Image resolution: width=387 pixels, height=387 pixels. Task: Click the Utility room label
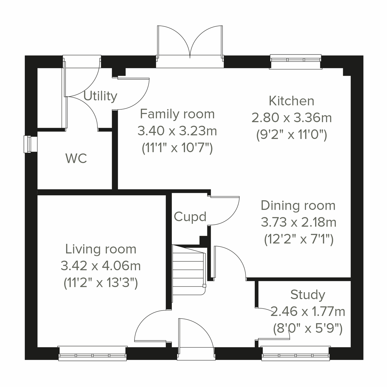(100, 96)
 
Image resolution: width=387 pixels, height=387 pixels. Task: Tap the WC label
(76, 158)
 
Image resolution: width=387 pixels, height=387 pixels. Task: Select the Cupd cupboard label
(190, 217)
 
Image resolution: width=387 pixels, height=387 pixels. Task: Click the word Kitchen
(292, 101)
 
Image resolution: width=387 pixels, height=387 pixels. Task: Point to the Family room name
(177, 114)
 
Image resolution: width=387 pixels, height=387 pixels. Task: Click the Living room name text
(101, 249)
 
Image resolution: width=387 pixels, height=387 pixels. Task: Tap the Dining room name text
(298, 205)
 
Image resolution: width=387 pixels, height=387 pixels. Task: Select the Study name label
(308, 294)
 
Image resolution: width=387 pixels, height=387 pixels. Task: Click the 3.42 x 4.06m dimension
(101, 266)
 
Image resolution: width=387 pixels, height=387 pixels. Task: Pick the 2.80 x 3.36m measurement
(292, 118)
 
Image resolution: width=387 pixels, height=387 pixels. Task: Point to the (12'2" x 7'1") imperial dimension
(298, 239)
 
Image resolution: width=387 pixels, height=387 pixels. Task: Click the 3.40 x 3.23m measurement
(177, 131)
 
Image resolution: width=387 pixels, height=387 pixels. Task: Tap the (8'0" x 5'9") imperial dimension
(307, 329)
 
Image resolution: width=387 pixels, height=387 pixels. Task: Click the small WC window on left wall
(29, 144)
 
